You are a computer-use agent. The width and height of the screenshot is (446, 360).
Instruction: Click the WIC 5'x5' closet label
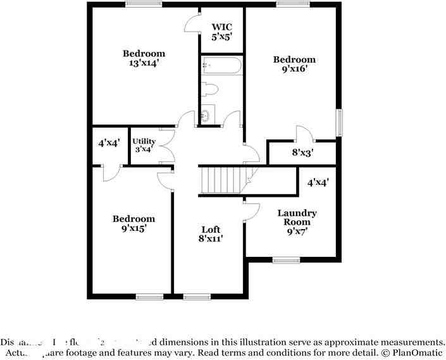(222, 32)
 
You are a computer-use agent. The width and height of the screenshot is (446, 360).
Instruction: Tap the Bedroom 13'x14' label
(144, 58)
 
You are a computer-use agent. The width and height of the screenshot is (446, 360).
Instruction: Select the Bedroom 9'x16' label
(294, 64)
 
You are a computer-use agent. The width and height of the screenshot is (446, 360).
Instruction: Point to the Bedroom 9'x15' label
(133, 223)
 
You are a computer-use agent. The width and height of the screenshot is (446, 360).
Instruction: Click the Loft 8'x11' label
(211, 234)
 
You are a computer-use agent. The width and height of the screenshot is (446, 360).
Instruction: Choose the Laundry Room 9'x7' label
(297, 222)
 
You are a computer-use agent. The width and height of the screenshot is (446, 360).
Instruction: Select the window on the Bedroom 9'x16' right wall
(340, 121)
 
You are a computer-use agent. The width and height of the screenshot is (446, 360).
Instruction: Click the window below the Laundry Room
(286, 259)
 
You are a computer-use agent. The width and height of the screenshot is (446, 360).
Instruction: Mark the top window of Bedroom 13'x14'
(143, 4)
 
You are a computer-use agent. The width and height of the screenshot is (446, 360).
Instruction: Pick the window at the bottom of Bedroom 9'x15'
(150, 296)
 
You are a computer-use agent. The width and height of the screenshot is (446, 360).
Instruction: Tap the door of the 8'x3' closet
(302, 133)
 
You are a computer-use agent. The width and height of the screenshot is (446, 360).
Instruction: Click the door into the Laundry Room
(251, 211)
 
